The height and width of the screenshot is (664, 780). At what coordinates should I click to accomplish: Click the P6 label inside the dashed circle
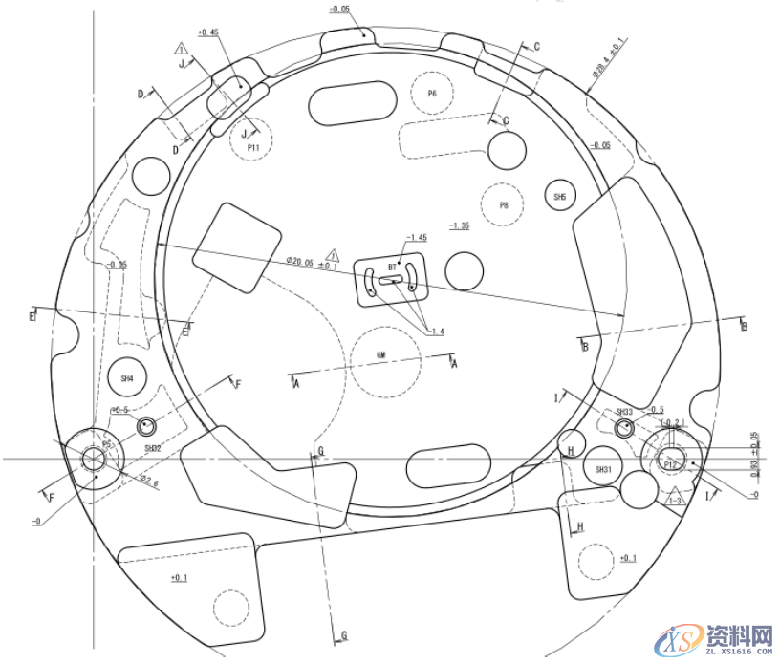pyautogui.click(x=432, y=94)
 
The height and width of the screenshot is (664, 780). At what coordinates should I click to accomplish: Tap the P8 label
pyautogui.click(x=503, y=205)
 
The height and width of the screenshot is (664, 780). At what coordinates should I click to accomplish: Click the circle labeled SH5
pyautogui.click(x=560, y=197)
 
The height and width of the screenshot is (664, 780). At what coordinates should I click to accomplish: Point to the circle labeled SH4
pyautogui.click(x=127, y=378)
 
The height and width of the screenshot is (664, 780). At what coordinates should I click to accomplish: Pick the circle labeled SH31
pyautogui.click(x=602, y=470)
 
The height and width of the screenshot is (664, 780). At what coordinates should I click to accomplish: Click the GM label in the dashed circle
pyautogui.click(x=380, y=355)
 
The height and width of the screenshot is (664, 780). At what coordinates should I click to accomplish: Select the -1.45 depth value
pyautogui.click(x=417, y=237)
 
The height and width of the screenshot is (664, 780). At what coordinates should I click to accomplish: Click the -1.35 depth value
pyautogui.click(x=459, y=225)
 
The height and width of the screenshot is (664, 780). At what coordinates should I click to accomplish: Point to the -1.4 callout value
pyautogui.click(x=437, y=332)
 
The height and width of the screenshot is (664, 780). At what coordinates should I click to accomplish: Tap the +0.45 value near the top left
pyautogui.click(x=207, y=32)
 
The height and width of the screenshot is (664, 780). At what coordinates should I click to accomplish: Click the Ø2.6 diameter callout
pyautogui.click(x=148, y=480)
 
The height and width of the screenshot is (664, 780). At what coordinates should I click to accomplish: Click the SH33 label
pyautogui.click(x=624, y=412)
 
